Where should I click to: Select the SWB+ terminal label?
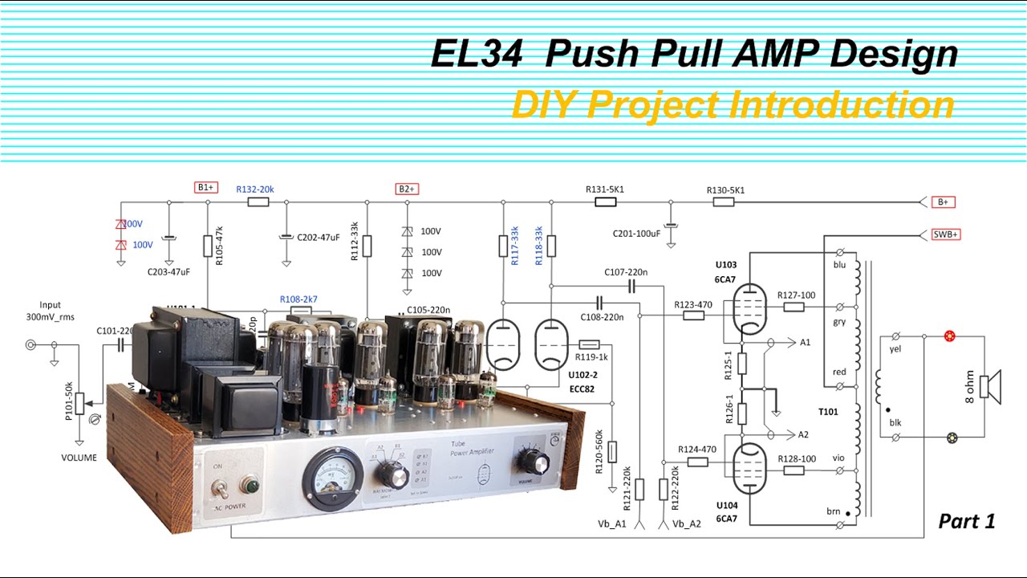(x=945, y=234)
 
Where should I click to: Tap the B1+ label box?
(x=206, y=188)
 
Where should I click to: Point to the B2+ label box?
(x=407, y=189)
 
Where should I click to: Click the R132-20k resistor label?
(x=255, y=189)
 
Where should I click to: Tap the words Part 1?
(x=967, y=521)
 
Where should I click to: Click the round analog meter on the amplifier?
(x=332, y=477)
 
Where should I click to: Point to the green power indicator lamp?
(x=250, y=486)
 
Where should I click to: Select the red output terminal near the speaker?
(x=950, y=336)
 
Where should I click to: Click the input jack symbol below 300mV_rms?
(x=31, y=345)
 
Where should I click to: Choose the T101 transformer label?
(x=828, y=412)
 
